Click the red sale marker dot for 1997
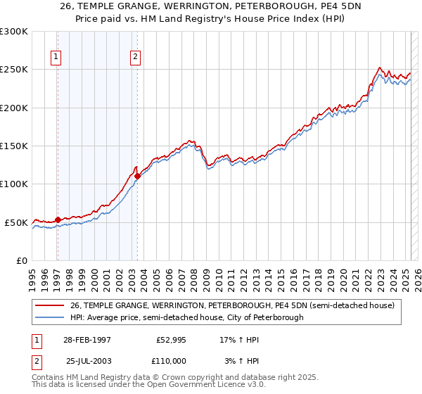[58, 220]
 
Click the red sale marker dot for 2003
[137, 176]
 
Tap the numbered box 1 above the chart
[56, 58]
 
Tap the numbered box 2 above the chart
[135, 58]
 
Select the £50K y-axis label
[16, 222]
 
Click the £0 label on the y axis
[21, 260]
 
